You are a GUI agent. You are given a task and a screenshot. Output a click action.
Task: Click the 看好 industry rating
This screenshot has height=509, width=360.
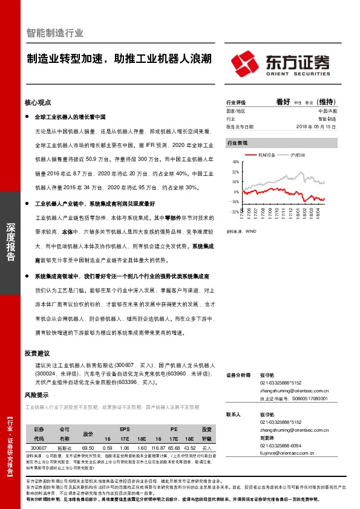pos(283,102)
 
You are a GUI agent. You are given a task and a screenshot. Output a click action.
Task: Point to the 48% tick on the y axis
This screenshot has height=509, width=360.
pos(235,162)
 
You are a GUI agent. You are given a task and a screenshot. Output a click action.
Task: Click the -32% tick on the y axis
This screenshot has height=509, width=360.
pos(235,212)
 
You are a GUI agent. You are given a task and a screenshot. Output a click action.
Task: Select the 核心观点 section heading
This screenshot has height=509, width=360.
pos(38,102)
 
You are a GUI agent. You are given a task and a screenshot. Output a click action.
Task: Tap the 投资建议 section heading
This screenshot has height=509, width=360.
pos(38,353)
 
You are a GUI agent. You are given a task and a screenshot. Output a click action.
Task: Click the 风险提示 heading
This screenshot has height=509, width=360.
pos(38,395)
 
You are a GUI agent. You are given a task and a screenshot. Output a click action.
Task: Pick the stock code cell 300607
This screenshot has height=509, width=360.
pos(39,447)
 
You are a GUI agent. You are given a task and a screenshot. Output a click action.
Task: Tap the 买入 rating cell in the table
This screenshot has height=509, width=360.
pos(207,447)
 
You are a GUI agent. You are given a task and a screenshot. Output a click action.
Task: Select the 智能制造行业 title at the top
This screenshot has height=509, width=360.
pos(55,33)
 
